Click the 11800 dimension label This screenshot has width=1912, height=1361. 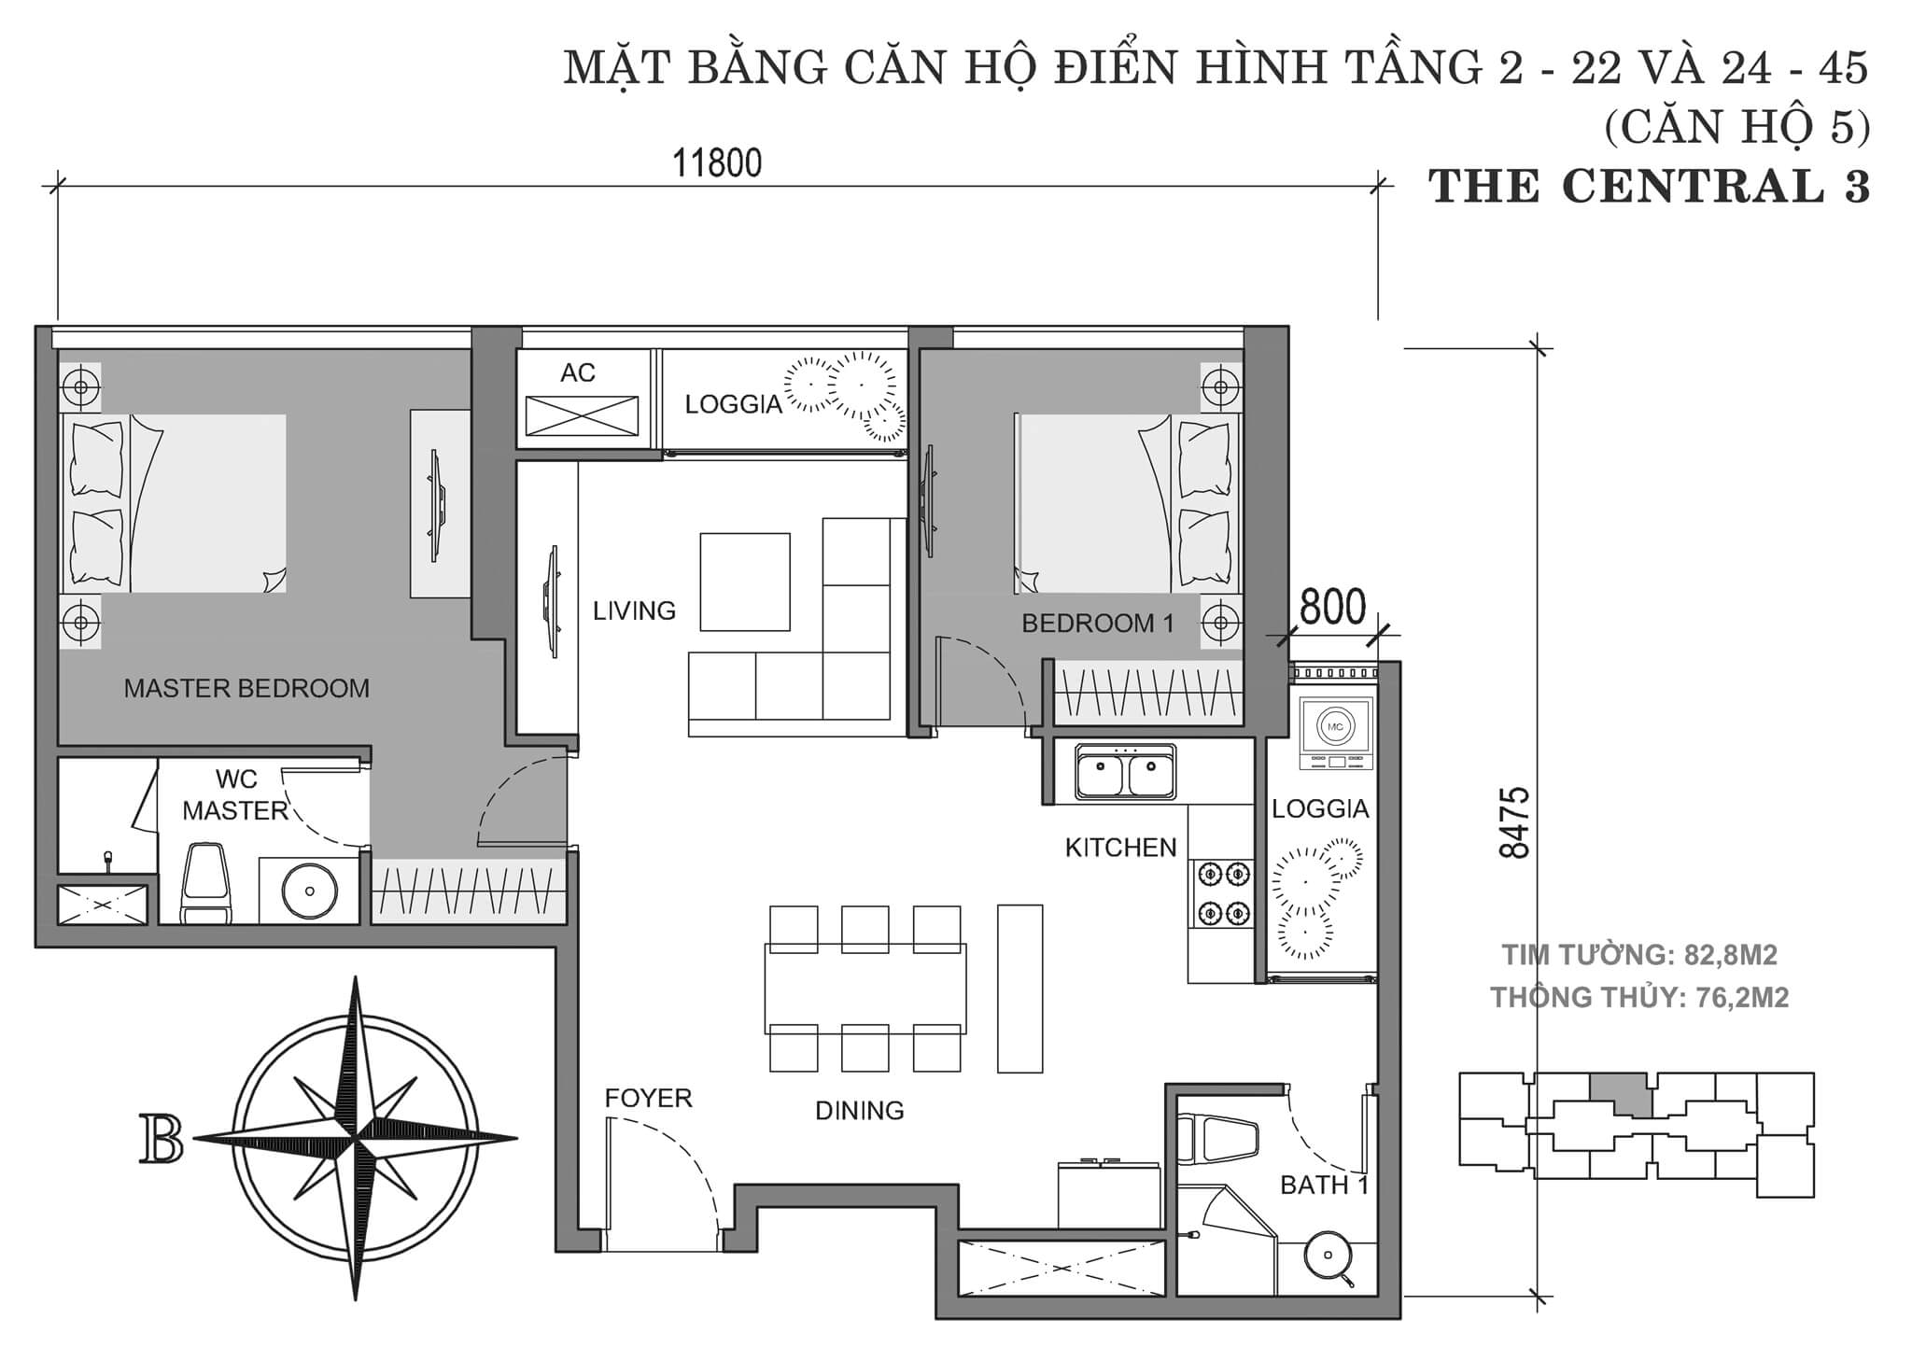click(x=717, y=163)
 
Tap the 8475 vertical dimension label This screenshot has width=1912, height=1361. click(x=1514, y=821)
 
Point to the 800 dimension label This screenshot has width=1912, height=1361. click(x=1331, y=608)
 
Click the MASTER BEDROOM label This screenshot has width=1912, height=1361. click(x=246, y=689)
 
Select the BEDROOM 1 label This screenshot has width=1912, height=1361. click(x=1097, y=624)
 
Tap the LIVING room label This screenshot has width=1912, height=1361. click(x=634, y=610)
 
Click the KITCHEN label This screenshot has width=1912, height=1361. click(x=1120, y=848)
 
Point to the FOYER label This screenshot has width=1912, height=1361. click(x=648, y=1098)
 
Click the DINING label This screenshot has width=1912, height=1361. click(x=859, y=1110)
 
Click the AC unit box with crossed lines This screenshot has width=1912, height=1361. click(x=582, y=415)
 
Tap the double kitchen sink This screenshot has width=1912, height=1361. click(x=1124, y=771)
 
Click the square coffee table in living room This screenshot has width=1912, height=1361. click(x=744, y=582)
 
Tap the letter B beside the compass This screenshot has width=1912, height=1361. click(x=161, y=1139)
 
